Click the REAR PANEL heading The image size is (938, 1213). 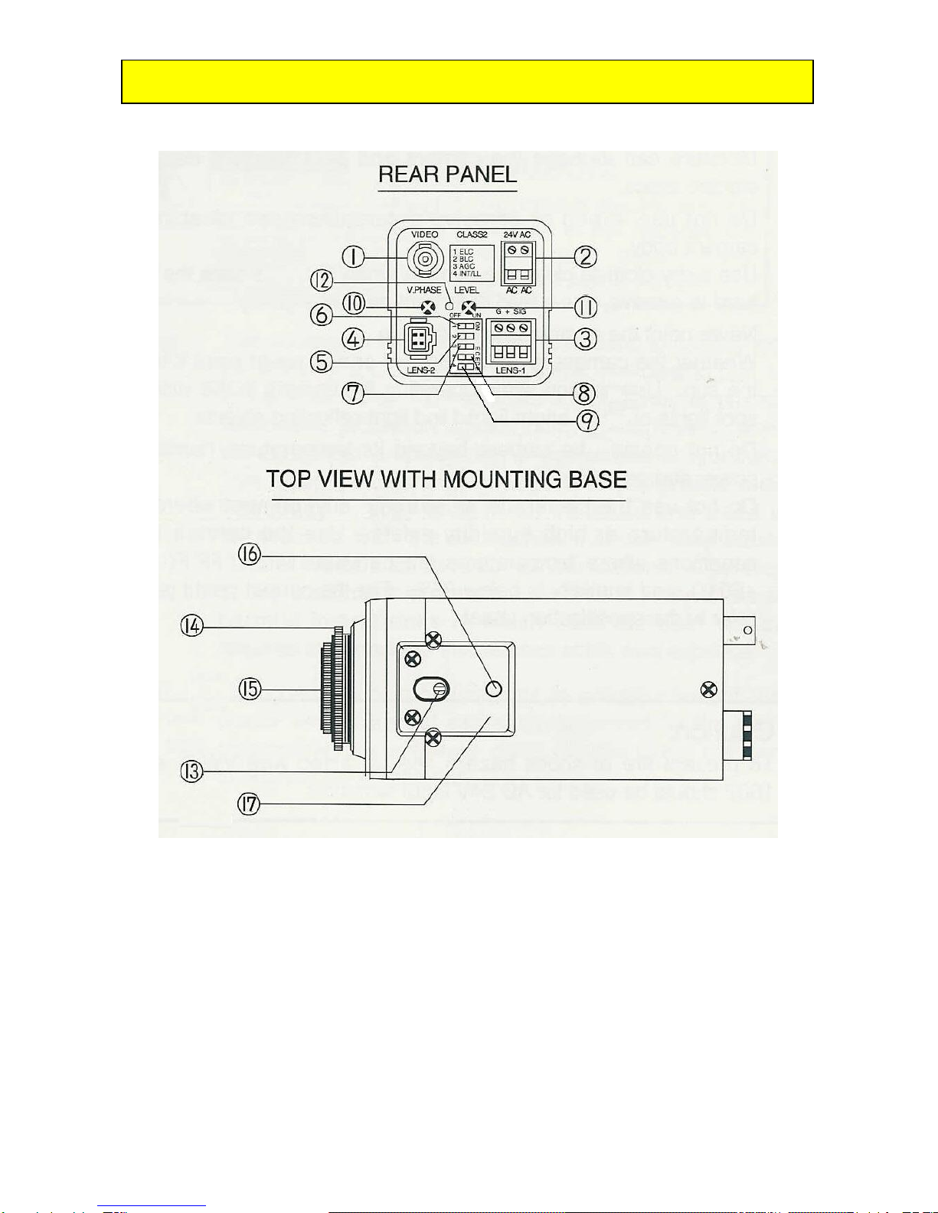[x=447, y=175]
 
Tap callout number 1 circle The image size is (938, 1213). [x=353, y=256]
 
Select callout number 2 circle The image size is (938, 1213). [x=586, y=256]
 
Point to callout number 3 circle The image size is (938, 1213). [x=586, y=338]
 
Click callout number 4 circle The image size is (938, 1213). [x=353, y=338]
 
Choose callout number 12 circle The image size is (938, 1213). [x=322, y=280]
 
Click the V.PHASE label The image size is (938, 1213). [x=424, y=290]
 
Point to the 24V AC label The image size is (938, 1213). [x=517, y=234]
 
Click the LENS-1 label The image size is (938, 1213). [x=510, y=370]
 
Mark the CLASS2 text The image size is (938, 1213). [x=472, y=234]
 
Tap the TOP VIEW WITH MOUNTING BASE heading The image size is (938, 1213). [x=446, y=480]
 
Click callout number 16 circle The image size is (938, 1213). [x=250, y=553]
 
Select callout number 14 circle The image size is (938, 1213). [x=191, y=626]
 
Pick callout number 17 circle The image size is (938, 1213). [x=249, y=804]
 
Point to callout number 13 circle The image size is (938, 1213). [x=191, y=771]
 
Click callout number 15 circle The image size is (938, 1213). [x=250, y=689]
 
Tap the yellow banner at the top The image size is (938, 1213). [x=467, y=82]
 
